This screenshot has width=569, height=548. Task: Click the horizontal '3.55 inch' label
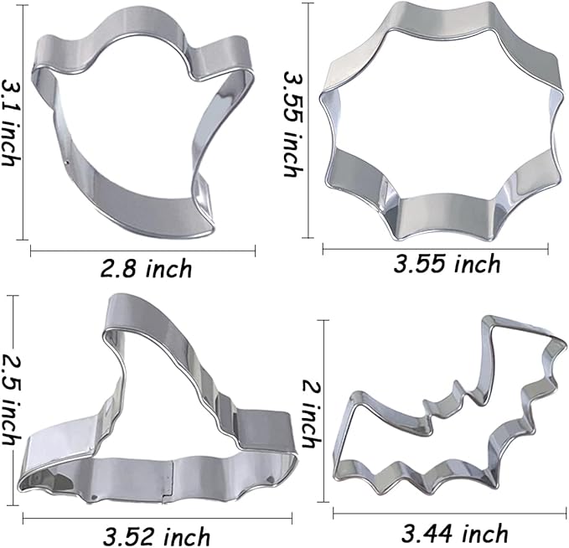tap(447, 264)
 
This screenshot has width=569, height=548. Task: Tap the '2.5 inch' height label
tap(10, 385)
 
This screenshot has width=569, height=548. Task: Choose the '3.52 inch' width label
tap(156, 534)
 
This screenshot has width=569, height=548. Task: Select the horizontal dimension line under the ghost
tap(142, 249)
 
